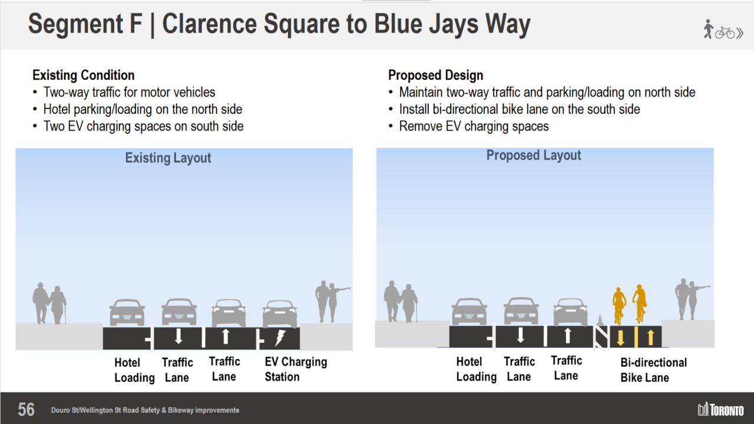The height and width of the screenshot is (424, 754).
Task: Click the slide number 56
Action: pos(26,409)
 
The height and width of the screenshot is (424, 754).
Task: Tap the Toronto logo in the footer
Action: pos(720,409)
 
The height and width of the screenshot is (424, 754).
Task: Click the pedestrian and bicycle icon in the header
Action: pos(723,29)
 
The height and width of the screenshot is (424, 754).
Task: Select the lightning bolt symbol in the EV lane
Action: pos(280,338)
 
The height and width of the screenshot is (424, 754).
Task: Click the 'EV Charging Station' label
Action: pos(296,369)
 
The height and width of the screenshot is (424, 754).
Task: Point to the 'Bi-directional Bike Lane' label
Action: pos(653,370)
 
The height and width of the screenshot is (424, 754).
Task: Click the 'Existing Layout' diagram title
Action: pos(168,158)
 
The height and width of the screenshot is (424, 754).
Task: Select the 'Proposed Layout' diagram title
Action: pos(534,155)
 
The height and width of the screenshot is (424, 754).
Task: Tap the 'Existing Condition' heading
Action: pos(83,75)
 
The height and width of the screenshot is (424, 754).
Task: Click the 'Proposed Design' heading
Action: pos(435,75)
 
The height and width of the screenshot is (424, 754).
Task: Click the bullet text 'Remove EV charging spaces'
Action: pos(474,126)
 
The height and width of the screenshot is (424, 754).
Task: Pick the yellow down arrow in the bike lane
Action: pos(620,338)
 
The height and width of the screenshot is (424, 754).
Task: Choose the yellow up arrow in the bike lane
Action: pos(650,337)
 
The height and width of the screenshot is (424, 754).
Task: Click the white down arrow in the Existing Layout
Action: pos(178,337)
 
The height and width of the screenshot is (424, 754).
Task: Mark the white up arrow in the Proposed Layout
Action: pos(567,336)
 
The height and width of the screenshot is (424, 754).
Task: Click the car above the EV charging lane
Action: pos(280,314)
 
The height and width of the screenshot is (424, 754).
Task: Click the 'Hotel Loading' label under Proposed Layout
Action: pos(476,369)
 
